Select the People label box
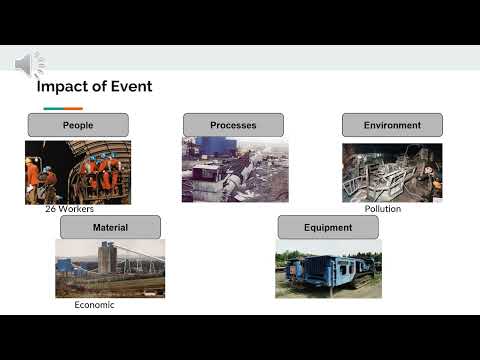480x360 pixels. (78, 125)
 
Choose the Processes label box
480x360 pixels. (233, 125)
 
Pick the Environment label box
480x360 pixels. (391, 125)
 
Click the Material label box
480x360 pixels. (110, 227)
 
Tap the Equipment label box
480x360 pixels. (328, 227)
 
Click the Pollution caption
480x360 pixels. (382, 209)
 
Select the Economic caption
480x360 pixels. (94, 305)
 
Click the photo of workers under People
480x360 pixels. (78, 172)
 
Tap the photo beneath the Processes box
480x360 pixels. (235, 170)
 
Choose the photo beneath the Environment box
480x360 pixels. (391, 172)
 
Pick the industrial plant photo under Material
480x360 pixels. (110, 268)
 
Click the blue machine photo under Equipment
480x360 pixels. (328, 268)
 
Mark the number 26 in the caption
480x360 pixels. (51, 209)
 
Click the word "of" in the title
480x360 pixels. (100, 87)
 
